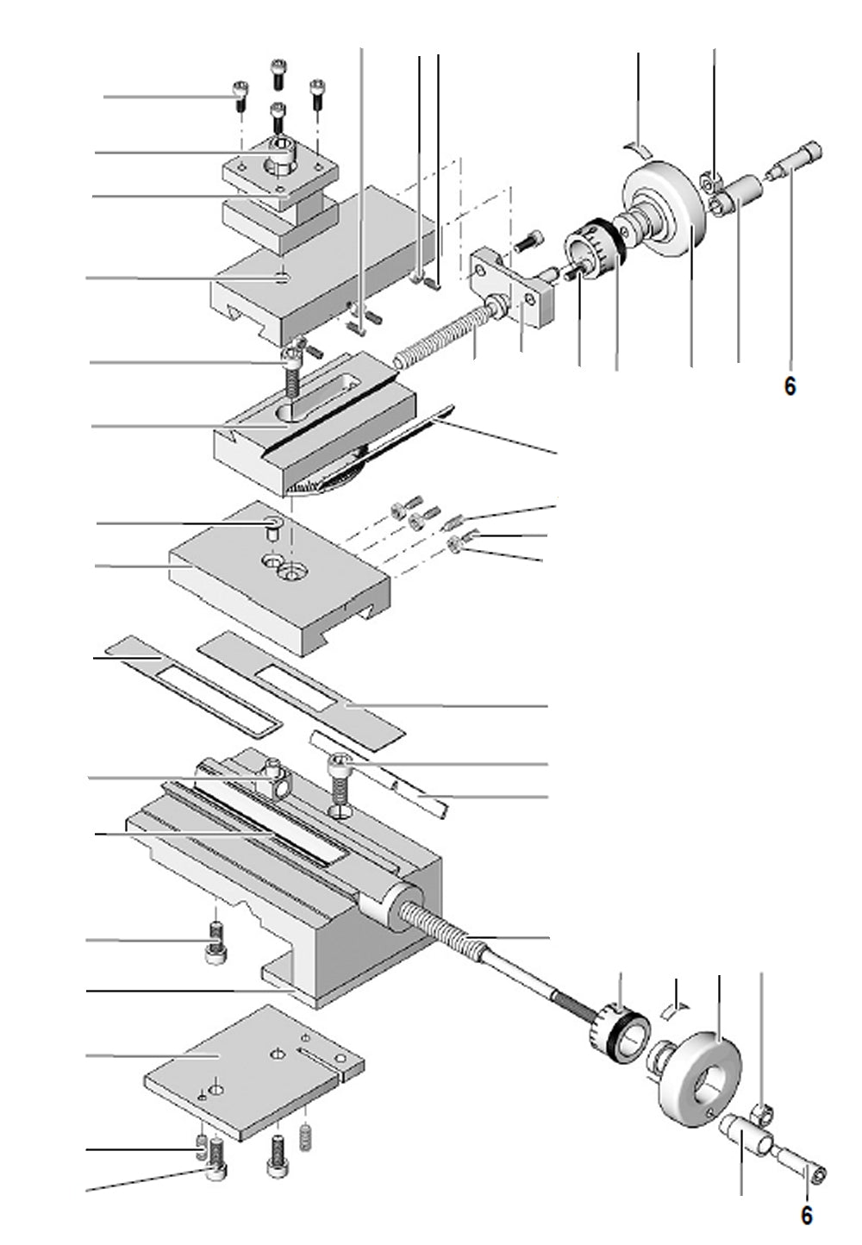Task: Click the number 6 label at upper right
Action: [x=790, y=386]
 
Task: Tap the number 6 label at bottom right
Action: [x=806, y=1215]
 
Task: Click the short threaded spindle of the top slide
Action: [x=440, y=335]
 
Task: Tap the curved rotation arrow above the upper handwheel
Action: [x=639, y=147]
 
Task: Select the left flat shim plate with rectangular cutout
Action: [x=194, y=685]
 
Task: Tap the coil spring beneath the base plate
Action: [x=304, y=1137]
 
